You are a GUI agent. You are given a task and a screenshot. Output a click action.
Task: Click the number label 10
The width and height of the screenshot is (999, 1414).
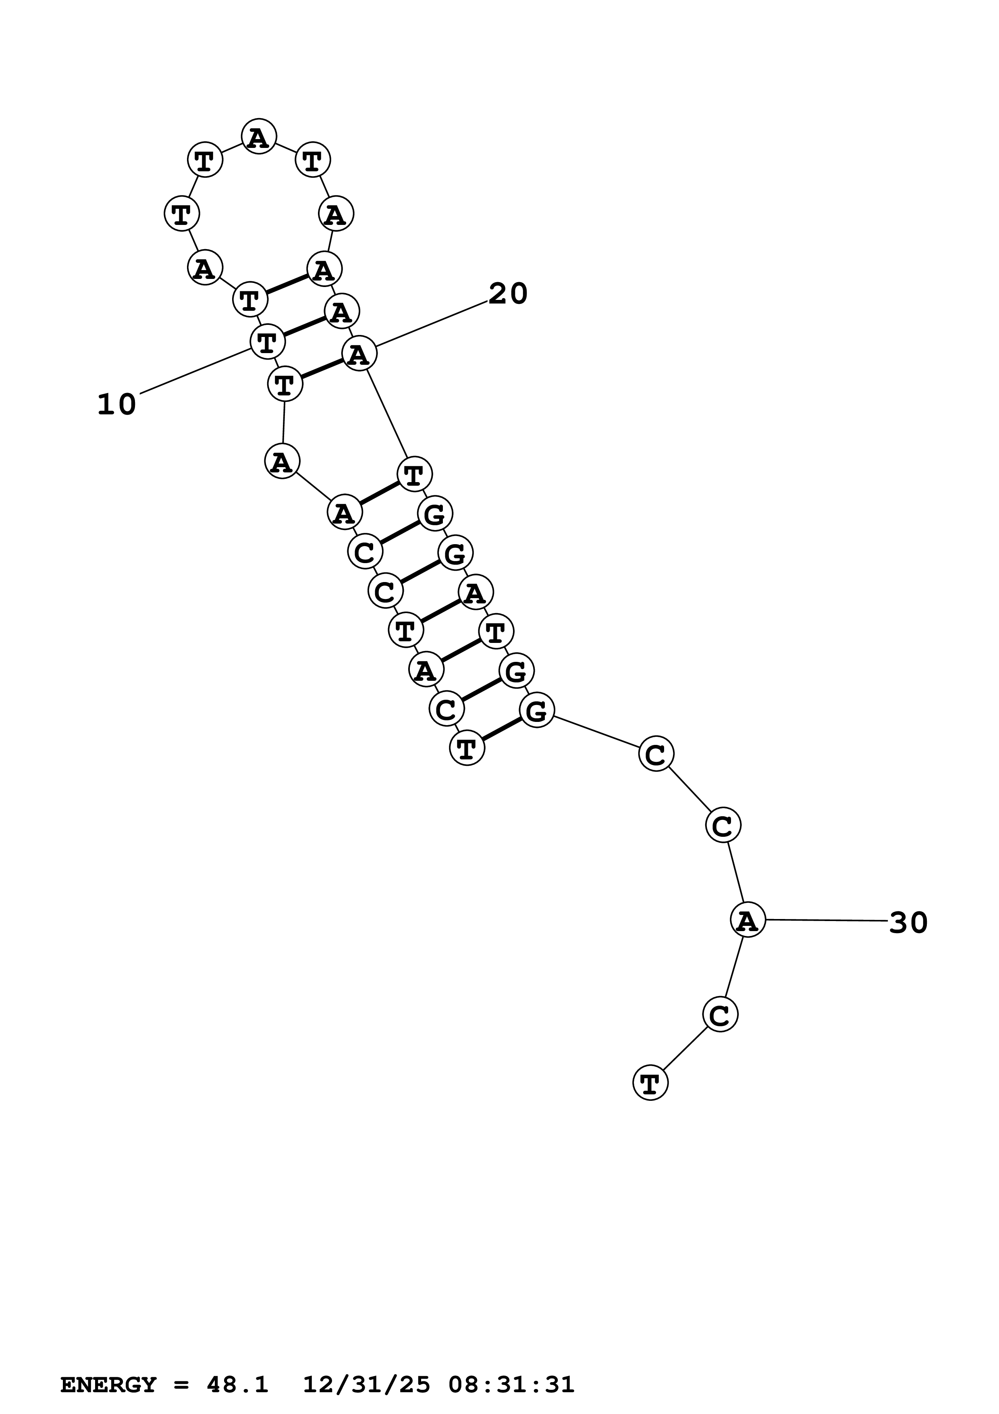click(116, 405)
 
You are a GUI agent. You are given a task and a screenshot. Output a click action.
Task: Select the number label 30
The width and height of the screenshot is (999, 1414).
click(908, 923)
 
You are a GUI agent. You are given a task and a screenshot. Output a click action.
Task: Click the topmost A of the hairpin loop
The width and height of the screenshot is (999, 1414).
click(259, 136)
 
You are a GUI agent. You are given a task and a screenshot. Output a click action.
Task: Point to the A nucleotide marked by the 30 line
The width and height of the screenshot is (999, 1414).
click(747, 920)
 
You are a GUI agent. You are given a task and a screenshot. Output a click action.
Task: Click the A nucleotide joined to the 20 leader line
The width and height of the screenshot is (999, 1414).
click(359, 354)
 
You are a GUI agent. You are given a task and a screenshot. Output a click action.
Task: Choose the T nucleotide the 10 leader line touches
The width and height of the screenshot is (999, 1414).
click(267, 341)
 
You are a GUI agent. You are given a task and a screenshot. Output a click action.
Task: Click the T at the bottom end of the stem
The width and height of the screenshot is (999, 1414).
click(467, 748)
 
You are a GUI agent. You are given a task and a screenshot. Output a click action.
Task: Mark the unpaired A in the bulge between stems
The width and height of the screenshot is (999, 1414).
click(282, 461)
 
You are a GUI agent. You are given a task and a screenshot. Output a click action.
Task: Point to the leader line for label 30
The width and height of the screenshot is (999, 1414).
click(825, 921)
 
